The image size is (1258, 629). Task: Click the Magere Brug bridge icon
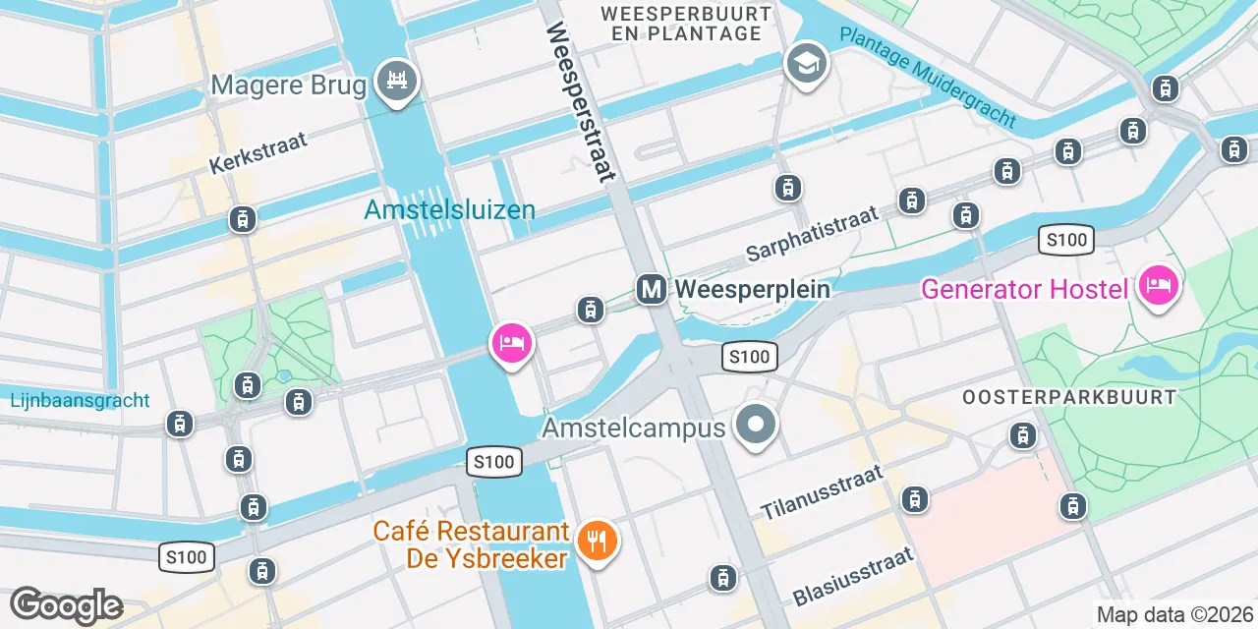pos(398,79)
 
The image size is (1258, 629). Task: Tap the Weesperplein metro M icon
pos(651,289)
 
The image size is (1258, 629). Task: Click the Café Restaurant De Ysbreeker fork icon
pos(596,540)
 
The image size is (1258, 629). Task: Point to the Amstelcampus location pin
pos(756,427)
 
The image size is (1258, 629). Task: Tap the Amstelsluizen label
pos(449,209)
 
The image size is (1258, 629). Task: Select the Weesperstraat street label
pos(580,102)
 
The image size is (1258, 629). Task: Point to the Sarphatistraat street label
pos(812,235)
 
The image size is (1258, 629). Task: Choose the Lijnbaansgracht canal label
pos(81,400)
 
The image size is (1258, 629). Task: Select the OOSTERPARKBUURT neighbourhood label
pos(1069,398)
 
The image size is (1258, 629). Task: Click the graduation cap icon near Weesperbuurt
pos(806,64)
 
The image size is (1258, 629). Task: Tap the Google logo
pos(66,605)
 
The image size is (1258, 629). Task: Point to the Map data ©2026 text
pos(1175,615)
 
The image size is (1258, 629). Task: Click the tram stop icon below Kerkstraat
pos(242,219)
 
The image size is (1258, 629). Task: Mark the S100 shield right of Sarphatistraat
pos(1066,240)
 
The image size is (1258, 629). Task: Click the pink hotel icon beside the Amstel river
pos(511,343)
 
